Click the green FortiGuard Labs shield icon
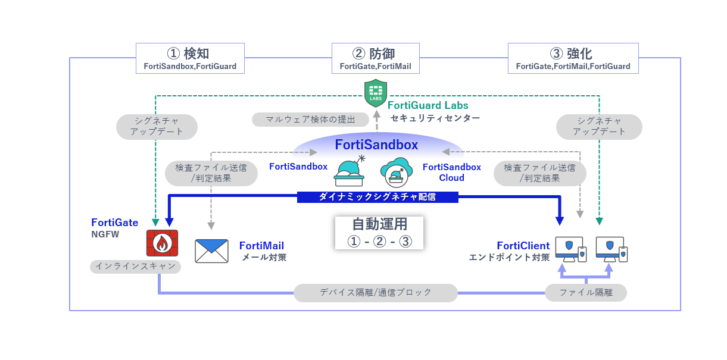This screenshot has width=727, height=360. point(376,92)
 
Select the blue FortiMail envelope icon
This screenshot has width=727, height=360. point(211,251)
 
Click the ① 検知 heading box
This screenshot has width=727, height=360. point(190,58)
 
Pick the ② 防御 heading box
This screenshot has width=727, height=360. point(375,58)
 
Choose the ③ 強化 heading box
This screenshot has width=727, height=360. point(573,58)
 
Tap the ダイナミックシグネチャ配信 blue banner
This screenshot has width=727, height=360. point(377,196)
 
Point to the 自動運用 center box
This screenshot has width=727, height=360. point(379,233)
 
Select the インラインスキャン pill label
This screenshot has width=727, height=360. point(136,267)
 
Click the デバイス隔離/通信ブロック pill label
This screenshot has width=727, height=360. point(376,293)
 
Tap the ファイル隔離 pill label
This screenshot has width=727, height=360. point(586,293)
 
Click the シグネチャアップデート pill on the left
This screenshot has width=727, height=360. point(156,127)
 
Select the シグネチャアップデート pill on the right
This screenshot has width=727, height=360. point(599,127)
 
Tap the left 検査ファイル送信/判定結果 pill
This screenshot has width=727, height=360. point(211,173)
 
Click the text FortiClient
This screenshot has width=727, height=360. point(523,246)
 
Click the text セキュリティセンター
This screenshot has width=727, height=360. point(435,118)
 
